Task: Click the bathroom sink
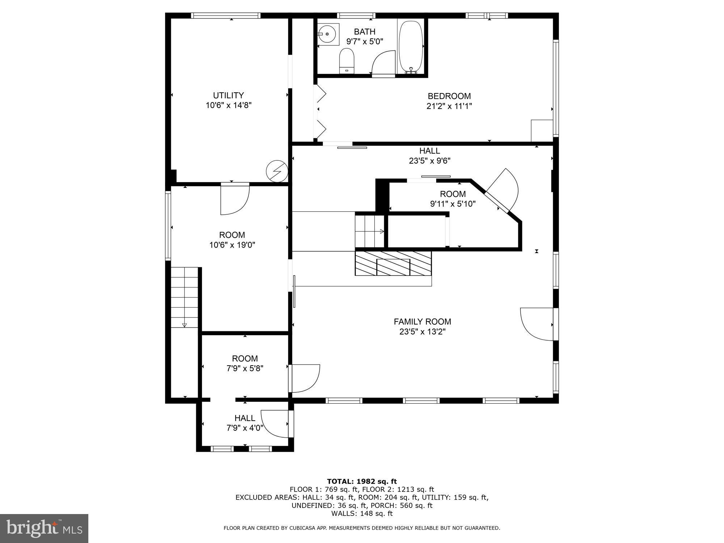tap(328, 34)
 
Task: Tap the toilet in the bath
tap(346, 61)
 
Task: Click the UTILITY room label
tap(228, 96)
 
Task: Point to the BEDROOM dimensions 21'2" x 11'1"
tap(449, 106)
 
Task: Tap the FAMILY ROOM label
tap(422, 321)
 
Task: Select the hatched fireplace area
tap(393, 264)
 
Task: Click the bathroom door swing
tap(384, 63)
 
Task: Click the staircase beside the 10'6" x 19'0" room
tap(185, 297)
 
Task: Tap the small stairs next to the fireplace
tap(369, 231)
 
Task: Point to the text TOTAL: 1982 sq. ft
tap(362, 481)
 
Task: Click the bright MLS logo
tap(44, 528)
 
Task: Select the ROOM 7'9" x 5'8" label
tap(245, 363)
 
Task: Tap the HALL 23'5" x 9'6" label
tap(430, 156)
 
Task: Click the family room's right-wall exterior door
tap(537, 324)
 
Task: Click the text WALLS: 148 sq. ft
tap(362, 513)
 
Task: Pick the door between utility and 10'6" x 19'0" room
tap(235, 199)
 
